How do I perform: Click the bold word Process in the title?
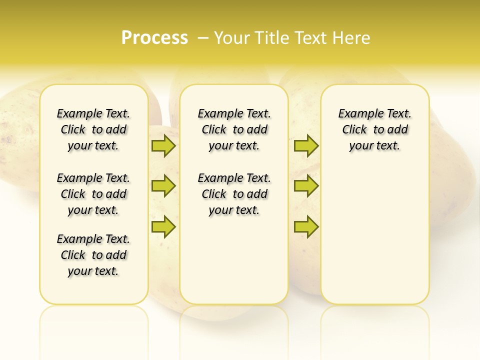pyautogui.click(x=154, y=37)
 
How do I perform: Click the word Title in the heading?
pyautogui.click(x=272, y=37)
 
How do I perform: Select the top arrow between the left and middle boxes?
pyautogui.click(x=163, y=145)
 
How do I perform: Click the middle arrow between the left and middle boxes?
pyautogui.click(x=163, y=186)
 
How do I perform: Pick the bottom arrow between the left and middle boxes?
pyautogui.click(x=163, y=226)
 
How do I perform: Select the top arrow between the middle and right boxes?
pyautogui.click(x=306, y=145)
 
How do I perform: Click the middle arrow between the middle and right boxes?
pyautogui.click(x=306, y=186)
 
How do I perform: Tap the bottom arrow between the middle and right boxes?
pyautogui.click(x=306, y=226)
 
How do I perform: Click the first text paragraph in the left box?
pyautogui.click(x=93, y=129)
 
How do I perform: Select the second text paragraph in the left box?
pyautogui.click(x=93, y=194)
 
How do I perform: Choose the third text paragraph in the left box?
pyautogui.click(x=93, y=255)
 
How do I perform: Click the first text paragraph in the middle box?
pyautogui.click(x=234, y=129)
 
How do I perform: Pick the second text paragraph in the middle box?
pyautogui.click(x=234, y=194)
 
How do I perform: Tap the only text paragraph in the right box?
pyautogui.click(x=374, y=129)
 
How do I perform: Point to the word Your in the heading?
pyautogui.click(x=232, y=37)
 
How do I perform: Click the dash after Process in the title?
pyautogui.click(x=203, y=37)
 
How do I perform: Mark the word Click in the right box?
pyautogui.click(x=354, y=130)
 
